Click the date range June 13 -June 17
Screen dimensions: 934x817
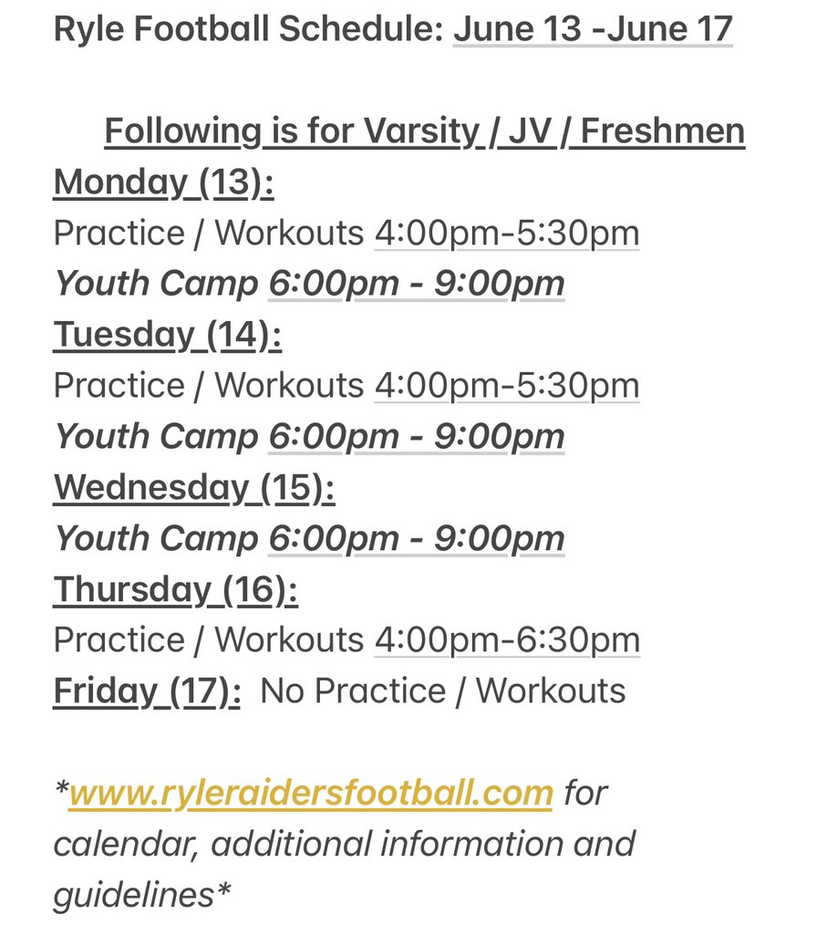click(593, 29)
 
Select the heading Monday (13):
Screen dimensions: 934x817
click(163, 182)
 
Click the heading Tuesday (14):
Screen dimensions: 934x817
click(167, 335)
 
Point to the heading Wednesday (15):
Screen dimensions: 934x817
click(194, 488)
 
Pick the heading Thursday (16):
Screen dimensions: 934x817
click(175, 590)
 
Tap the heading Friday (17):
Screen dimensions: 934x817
click(147, 691)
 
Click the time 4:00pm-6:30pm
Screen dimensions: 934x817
click(507, 640)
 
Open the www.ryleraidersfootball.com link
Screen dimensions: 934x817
click(311, 793)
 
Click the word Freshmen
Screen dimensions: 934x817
click(663, 131)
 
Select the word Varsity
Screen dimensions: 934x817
click(421, 131)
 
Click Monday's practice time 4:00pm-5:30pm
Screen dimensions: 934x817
click(507, 233)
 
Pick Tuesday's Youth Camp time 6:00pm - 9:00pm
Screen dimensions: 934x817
click(417, 437)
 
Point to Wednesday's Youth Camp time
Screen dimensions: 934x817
click(417, 539)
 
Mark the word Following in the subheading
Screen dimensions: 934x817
click(181, 131)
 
